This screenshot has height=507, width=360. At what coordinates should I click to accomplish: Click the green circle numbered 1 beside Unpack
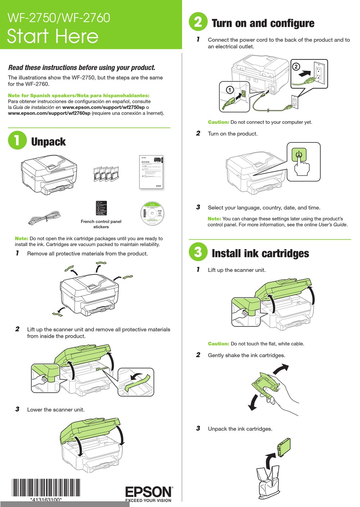(17, 140)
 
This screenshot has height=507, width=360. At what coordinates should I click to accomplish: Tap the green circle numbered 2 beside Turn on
(198, 22)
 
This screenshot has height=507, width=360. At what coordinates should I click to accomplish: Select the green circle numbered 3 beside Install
(198, 252)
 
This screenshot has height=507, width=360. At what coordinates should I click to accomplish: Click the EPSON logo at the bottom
(149, 492)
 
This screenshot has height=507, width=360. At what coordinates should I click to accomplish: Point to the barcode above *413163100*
(46, 488)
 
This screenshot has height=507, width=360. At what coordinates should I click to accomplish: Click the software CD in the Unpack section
(153, 213)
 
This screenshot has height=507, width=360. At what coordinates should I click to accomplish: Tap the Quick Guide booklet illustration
(151, 172)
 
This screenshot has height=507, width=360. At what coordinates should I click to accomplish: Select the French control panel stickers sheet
(101, 208)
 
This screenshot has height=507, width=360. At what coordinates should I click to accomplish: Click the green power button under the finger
(299, 154)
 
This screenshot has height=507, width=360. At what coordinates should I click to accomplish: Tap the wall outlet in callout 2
(318, 72)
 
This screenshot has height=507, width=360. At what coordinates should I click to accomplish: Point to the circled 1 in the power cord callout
(230, 90)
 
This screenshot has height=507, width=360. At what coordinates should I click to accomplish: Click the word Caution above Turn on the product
(218, 122)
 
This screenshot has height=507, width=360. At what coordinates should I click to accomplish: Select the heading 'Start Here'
(53, 37)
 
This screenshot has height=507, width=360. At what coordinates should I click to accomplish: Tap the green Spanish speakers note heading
(78, 95)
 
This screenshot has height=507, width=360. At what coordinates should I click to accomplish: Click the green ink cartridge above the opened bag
(284, 447)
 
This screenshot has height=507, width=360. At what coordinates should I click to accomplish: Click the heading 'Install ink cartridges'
(260, 253)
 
